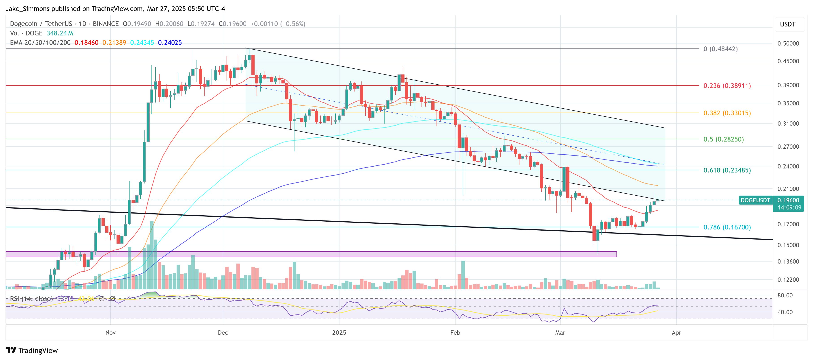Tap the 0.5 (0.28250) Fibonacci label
[x=723, y=139]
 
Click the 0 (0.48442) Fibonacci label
[x=720, y=49]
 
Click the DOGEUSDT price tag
[x=755, y=200]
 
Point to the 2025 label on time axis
[x=339, y=333]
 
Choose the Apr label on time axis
[x=676, y=333]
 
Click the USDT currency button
[x=787, y=24]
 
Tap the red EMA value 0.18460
[x=86, y=43]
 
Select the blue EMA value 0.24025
[x=170, y=43]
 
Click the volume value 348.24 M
[x=60, y=33]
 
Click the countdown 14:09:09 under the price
[x=789, y=207]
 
